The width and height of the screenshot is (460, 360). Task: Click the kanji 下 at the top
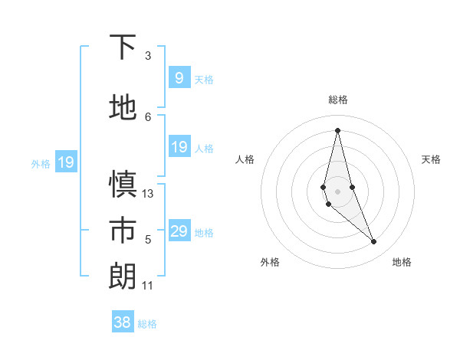123,47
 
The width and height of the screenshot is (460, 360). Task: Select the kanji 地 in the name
123,107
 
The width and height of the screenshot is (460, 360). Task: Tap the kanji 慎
123,185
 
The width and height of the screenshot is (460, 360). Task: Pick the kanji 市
123,231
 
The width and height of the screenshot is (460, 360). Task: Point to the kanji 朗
123,277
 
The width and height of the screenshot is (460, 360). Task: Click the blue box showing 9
179,78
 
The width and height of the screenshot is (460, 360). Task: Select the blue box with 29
179,231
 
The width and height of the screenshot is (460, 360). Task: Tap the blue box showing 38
122,322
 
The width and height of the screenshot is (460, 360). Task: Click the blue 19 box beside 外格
65,162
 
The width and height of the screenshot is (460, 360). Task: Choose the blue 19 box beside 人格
179,147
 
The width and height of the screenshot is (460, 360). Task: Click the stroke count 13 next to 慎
148,194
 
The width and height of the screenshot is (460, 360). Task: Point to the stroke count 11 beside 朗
148,286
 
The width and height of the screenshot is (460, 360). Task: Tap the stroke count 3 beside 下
148,56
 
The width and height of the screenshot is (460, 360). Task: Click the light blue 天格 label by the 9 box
204,79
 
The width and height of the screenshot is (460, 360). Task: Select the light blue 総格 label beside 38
147,324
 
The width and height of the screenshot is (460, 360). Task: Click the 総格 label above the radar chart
338,100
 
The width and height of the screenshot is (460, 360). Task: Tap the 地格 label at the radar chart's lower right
402,262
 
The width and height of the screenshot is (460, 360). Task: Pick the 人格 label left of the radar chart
245,159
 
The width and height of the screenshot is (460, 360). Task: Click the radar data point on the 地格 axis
374,242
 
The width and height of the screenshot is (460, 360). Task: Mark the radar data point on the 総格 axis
337,129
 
